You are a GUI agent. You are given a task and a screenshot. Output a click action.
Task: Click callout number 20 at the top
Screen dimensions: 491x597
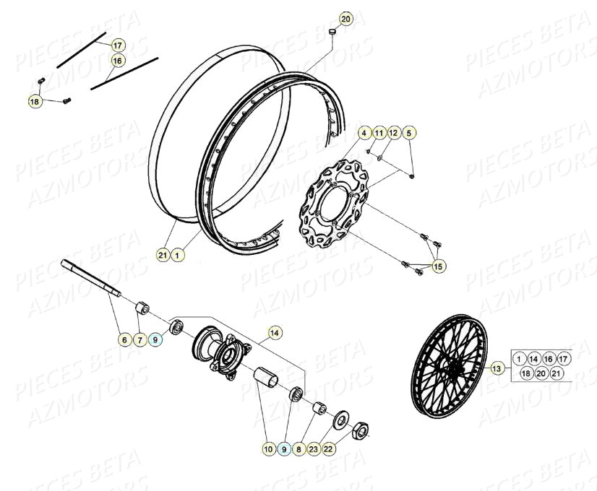click(x=346, y=19)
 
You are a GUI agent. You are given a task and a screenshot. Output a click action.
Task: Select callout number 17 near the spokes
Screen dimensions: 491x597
click(x=118, y=45)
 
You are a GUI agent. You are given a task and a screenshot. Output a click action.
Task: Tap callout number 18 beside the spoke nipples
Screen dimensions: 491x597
click(x=35, y=102)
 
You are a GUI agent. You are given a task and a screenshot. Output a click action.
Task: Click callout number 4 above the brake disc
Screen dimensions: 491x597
click(x=365, y=134)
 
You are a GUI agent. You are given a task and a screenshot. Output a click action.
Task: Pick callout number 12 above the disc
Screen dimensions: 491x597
click(x=393, y=134)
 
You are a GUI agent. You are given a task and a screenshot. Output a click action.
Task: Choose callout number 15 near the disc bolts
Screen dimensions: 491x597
click(x=439, y=266)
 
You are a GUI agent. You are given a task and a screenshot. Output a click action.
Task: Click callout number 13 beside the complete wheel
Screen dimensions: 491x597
click(x=497, y=368)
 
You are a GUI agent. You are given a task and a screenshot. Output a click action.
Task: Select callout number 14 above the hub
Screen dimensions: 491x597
click(x=274, y=333)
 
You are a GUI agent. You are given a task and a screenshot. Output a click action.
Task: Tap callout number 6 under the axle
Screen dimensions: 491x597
click(x=125, y=338)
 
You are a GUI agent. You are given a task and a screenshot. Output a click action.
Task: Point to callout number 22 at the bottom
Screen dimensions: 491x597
click(x=328, y=449)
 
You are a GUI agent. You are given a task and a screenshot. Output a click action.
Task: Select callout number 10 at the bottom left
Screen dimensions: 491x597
click(x=268, y=449)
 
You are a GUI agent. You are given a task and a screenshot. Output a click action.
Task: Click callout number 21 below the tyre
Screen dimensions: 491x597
click(x=163, y=254)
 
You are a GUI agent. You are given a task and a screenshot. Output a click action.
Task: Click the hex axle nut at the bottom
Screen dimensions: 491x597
click(x=359, y=433)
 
